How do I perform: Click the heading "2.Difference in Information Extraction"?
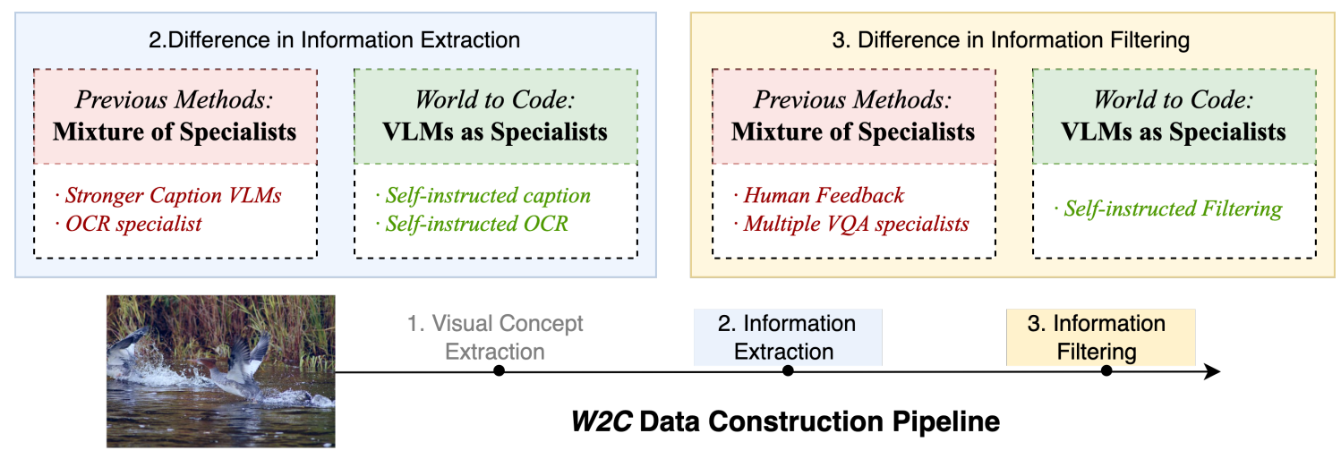(334, 39)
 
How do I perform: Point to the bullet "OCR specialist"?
(133, 224)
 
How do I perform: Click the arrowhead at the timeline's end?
(1212, 370)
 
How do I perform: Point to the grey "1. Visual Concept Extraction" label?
(495, 337)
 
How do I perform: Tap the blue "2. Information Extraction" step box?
(787, 337)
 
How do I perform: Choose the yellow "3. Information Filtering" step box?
(1099, 337)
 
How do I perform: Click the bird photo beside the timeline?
(220, 370)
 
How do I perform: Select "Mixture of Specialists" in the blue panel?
(175, 132)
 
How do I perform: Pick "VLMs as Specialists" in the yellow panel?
(1174, 132)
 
